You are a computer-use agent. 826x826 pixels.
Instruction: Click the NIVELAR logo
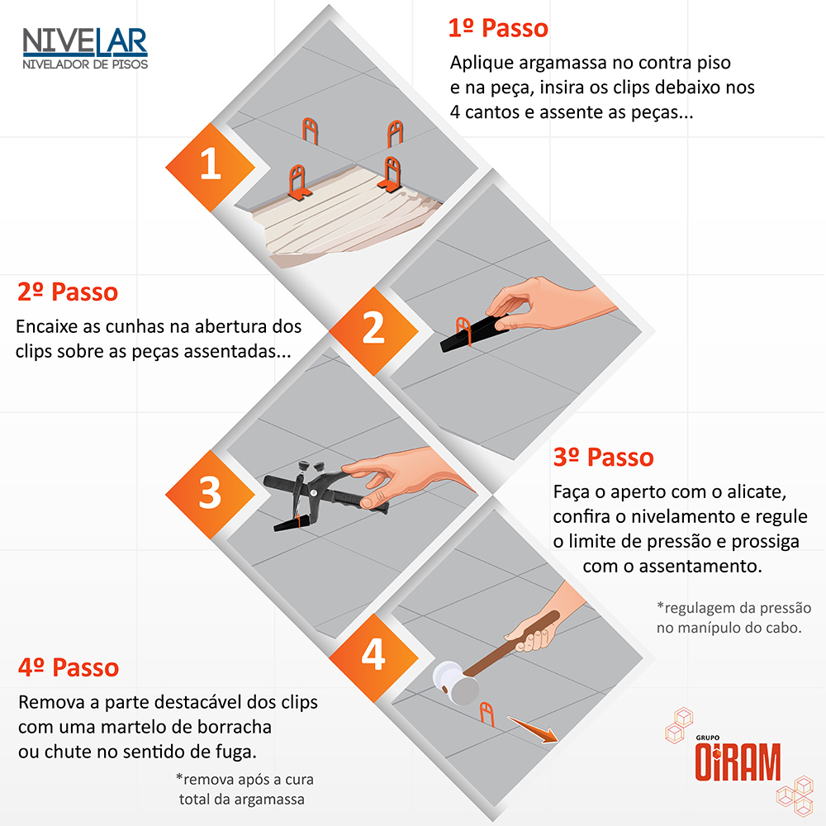85,49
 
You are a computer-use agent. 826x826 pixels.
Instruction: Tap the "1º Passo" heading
498,28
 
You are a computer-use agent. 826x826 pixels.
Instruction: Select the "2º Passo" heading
68,292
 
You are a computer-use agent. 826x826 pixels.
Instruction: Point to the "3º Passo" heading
603,458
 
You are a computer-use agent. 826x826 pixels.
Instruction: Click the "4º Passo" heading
69,667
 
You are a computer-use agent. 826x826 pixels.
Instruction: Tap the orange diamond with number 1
210,168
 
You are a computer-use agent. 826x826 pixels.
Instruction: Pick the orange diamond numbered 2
373,331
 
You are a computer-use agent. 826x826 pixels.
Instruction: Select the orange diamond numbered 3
210,495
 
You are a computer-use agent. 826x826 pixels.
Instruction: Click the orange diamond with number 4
373,658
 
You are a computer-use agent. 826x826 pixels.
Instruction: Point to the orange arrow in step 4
533,729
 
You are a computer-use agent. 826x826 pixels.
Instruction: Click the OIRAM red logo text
738,762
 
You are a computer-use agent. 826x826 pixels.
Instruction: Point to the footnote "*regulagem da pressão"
733,608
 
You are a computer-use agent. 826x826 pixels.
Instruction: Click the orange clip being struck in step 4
487,714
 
